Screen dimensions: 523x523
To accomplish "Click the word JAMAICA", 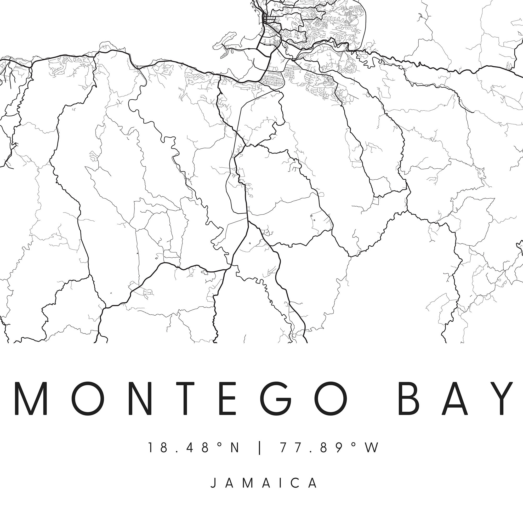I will pos(264,483).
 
